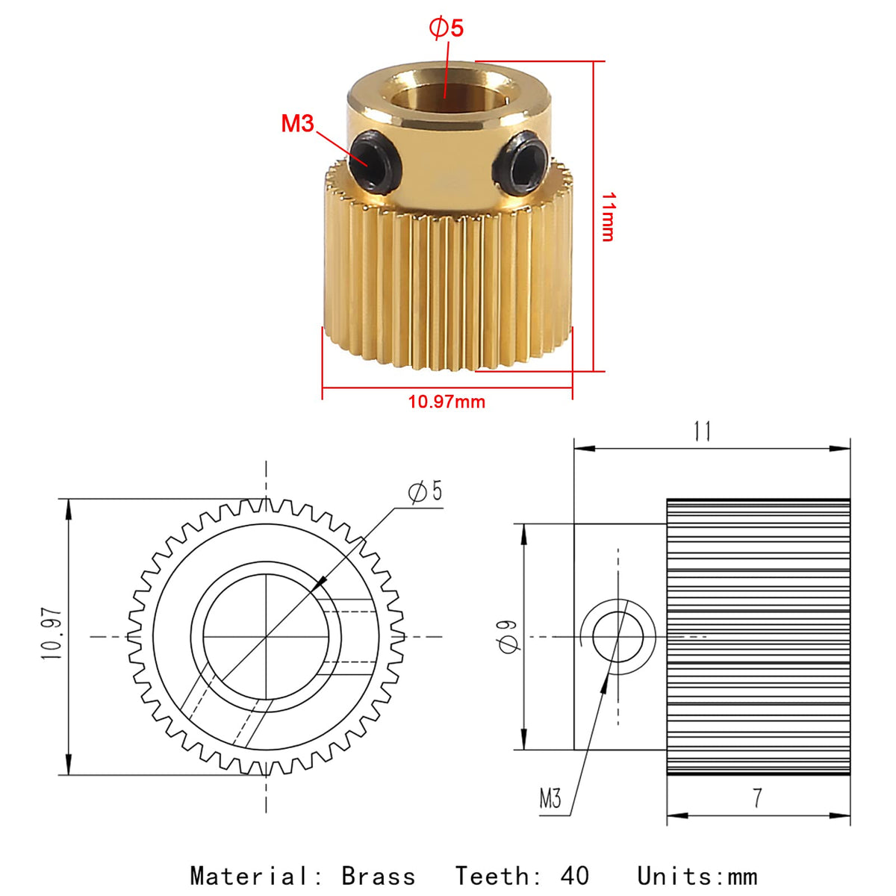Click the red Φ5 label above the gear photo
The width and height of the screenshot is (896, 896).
[x=446, y=28]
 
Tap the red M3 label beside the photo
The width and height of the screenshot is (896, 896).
[x=298, y=124]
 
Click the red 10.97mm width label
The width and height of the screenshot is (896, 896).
[x=447, y=401]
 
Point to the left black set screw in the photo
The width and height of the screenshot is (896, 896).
[x=375, y=161]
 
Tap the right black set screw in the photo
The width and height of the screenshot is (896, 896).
[x=522, y=163]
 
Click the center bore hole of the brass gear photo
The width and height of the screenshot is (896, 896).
[x=445, y=97]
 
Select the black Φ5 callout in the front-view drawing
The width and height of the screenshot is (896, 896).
[x=425, y=492]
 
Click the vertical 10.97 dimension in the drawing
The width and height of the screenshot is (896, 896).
[x=52, y=634]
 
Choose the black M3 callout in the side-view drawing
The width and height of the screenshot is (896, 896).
[x=550, y=799]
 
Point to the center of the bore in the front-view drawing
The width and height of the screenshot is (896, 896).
[x=266, y=637]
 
